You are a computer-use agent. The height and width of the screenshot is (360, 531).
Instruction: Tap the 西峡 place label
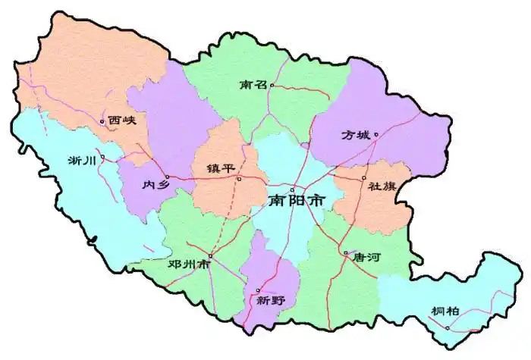pos(122,120)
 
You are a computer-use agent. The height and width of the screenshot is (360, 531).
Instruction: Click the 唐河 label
pos(363,258)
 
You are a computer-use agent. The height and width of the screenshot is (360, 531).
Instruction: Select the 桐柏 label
pos(445,311)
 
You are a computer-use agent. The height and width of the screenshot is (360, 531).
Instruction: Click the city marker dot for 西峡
pos(102,121)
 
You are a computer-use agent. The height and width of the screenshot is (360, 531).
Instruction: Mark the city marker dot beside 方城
pos(375,135)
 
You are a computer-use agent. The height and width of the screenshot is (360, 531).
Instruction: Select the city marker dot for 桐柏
pos(448,327)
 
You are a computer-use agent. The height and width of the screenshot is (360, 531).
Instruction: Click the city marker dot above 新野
pos(258,290)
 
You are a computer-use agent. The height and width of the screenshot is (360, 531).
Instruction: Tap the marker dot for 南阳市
pos(292,189)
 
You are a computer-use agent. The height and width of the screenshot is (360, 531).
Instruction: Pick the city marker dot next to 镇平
pos(238,179)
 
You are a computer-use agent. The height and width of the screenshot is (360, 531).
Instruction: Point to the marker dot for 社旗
pos(363,178)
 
